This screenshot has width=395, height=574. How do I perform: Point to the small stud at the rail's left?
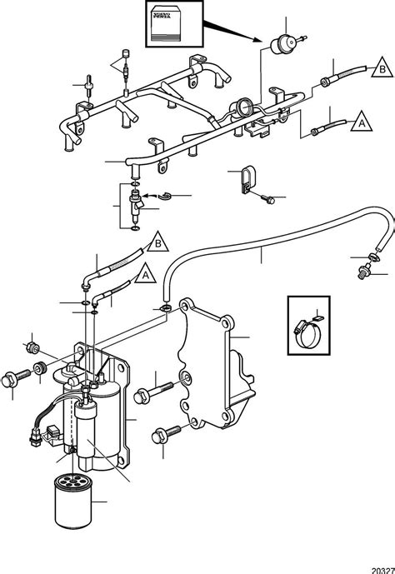point(87,84)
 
